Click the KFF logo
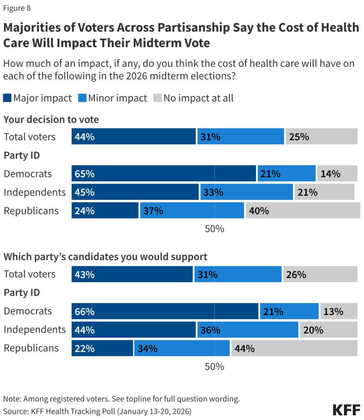[x=346, y=410]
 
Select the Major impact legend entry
[x=38, y=98]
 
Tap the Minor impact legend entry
[x=113, y=98]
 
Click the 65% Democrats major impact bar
[x=163, y=173]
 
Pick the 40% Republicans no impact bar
[x=303, y=211]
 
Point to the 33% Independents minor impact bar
[x=246, y=192]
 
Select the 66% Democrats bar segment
[x=165, y=311]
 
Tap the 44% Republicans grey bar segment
[x=294, y=348]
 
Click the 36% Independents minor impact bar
[x=247, y=330]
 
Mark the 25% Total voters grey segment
[x=321, y=137]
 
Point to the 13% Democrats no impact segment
[x=339, y=311]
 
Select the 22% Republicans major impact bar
[x=102, y=348]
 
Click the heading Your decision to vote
[x=51, y=119]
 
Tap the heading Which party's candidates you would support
[x=105, y=257]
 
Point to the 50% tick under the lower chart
[x=214, y=366]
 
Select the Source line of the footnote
[x=97, y=411]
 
